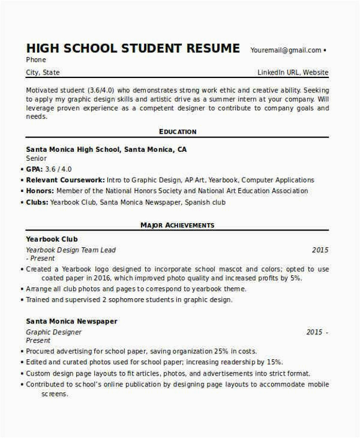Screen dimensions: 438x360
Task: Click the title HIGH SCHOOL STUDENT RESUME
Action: (133, 48)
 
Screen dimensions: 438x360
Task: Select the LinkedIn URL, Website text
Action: (293, 73)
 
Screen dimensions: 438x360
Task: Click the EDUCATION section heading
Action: (178, 131)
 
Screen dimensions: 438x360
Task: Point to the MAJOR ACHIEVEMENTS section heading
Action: (178, 225)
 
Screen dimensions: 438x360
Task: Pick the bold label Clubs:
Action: (38, 202)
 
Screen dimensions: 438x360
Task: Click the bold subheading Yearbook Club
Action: (52, 239)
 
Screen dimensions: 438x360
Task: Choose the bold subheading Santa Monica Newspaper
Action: (71, 321)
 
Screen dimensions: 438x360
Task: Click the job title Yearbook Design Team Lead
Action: (71, 250)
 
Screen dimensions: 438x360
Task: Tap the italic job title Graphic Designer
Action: (54, 332)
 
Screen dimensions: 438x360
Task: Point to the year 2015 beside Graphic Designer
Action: (314, 332)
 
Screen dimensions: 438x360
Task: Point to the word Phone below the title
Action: (36, 60)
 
